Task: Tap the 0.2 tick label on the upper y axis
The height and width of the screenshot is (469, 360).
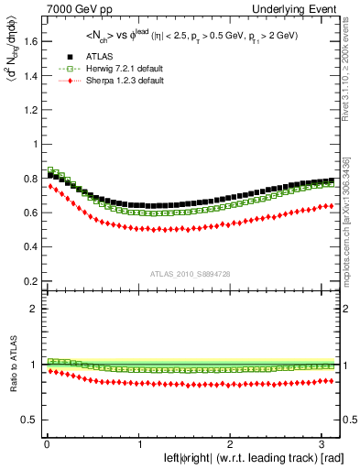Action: click(x=28, y=280)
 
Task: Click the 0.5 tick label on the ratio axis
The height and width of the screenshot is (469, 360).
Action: click(x=28, y=420)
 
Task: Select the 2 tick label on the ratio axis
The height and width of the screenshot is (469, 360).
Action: click(x=33, y=309)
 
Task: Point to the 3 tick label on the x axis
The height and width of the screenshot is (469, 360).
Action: click(x=326, y=444)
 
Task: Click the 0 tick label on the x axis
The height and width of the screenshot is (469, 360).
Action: click(x=46, y=444)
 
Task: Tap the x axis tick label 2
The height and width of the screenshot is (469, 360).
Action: click(x=233, y=444)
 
